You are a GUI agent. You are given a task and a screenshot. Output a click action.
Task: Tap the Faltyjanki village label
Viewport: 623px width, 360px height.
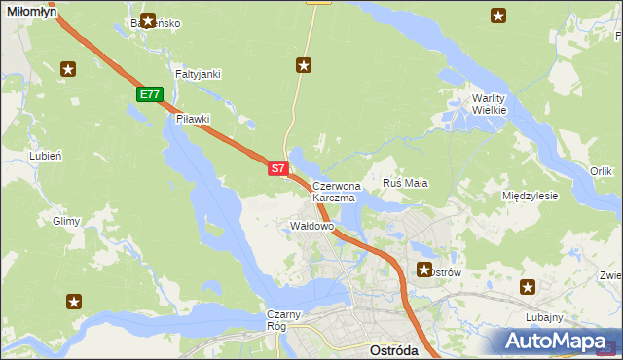(198, 74)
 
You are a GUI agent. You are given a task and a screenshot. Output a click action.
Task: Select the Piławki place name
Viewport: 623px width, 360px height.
(194, 119)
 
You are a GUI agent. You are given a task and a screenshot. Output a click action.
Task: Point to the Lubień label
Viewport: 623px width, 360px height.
(46, 156)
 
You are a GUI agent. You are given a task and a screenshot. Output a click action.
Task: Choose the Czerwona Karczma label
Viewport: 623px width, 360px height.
(336, 191)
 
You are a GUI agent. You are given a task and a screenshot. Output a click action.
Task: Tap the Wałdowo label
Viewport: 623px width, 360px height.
(312, 226)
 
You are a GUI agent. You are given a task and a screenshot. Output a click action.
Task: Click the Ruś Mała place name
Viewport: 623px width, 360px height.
(406, 183)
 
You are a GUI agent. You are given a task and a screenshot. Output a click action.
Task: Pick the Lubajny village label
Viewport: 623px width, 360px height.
(542, 317)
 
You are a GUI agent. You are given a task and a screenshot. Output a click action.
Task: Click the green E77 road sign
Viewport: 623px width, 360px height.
(149, 94)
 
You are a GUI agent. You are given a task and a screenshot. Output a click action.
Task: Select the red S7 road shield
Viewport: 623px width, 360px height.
(277, 168)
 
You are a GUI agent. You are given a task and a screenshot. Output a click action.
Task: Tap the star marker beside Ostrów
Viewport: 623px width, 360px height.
(424, 270)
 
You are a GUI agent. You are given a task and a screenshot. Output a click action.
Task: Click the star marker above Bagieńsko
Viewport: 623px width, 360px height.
(148, 18)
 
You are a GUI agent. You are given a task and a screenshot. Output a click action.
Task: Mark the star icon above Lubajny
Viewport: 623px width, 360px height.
(528, 286)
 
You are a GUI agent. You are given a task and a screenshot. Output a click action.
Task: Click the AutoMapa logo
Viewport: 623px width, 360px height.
(556, 342)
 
